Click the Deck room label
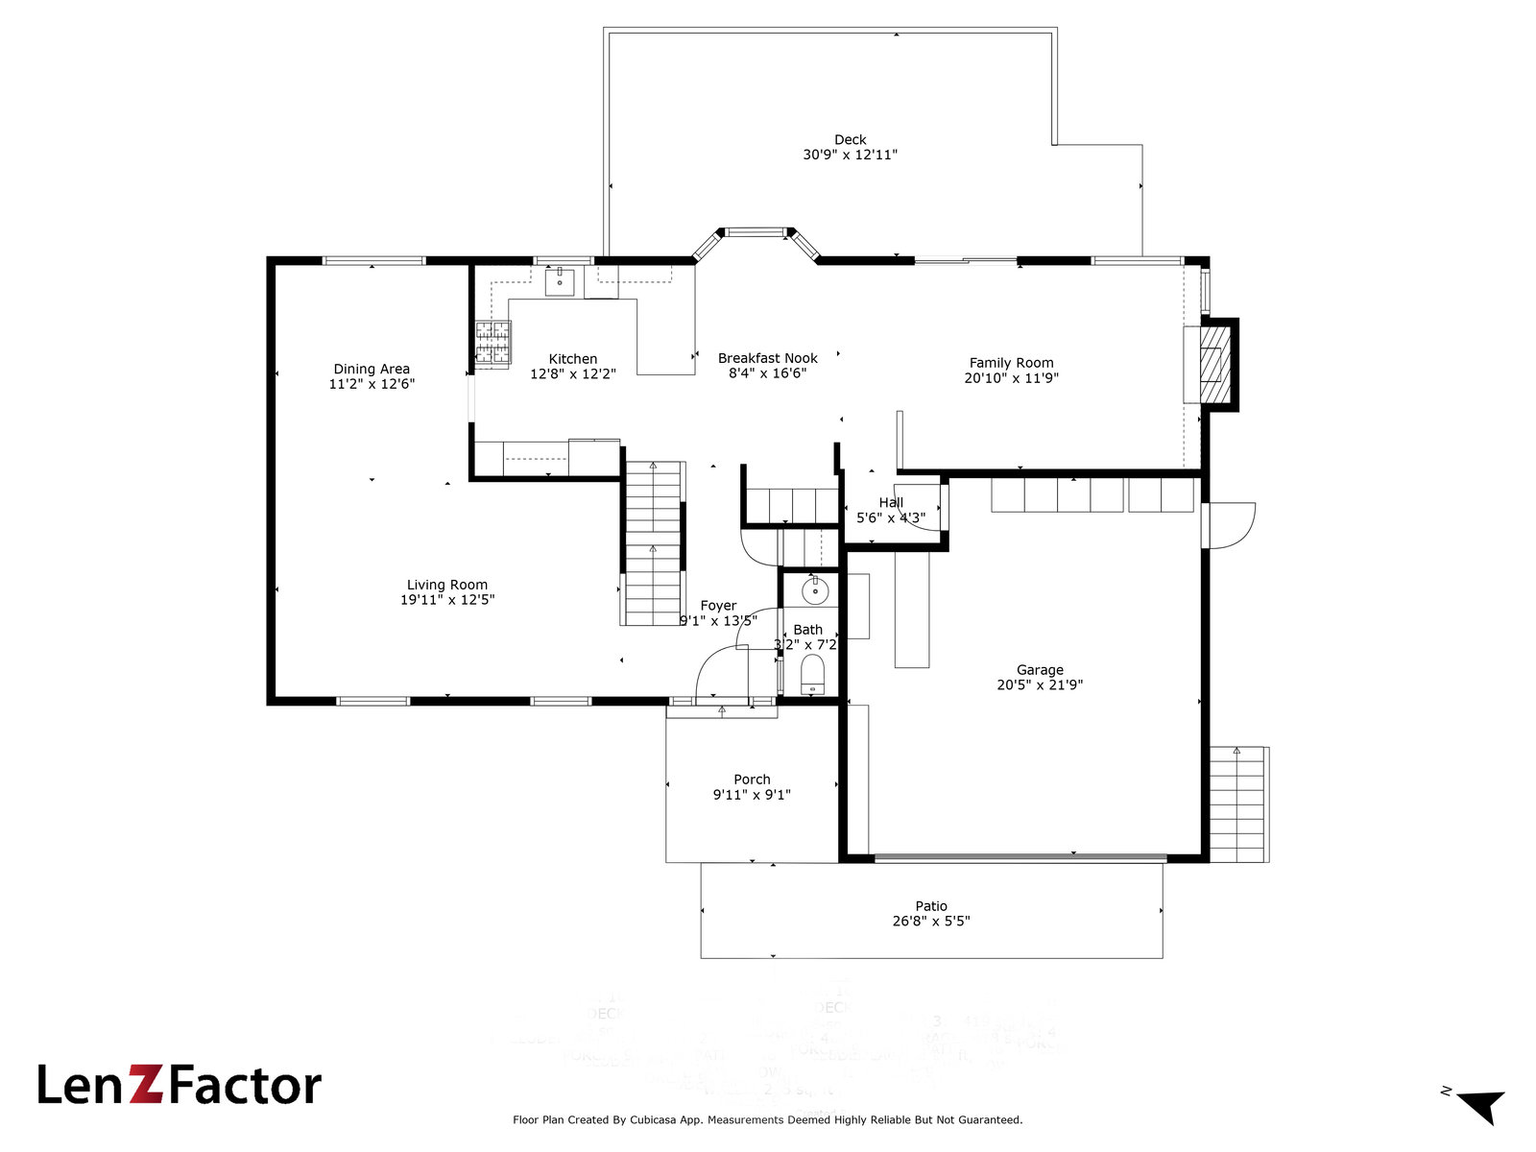(x=850, y=140)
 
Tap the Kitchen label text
(x=573, y=359)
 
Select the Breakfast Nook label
(x=768, y=358)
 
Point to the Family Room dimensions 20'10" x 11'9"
(x=1011, y=378)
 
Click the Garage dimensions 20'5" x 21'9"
(x=1040, y=685)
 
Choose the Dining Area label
(x=372, y=369)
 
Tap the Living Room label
(x=447, y=585)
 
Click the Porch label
(x=752, y=780)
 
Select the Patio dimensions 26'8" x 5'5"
(x=931, y=922)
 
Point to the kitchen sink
(x=560, y=282)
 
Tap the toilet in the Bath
(x=813, y=675)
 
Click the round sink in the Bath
(x=814, y=589)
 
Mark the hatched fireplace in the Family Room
(x=1216, y=364)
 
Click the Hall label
(x=891, y=502)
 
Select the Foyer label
(x=718, y=606)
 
